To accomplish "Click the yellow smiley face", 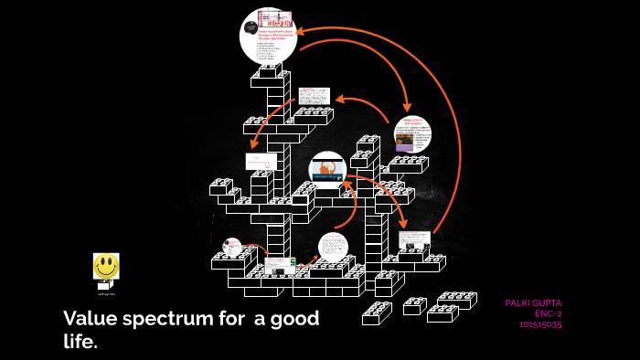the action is (x=106, y=266).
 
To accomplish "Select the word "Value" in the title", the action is (x=88, y=319).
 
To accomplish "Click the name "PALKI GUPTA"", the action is (x=533, y=302).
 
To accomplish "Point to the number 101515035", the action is (x=539, y=323).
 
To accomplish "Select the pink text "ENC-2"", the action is (x=548, y=313).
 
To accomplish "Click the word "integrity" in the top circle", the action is (x=280, y=19).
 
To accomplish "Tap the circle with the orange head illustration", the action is (x=326, y=169).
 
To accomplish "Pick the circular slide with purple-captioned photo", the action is (x=412, y=134).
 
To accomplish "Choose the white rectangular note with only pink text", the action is (x=261, y=162).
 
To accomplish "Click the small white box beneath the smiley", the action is (x=106, y=286).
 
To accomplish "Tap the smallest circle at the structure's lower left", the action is (x=231, y=246).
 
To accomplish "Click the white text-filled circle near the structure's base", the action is (x=333, y=247).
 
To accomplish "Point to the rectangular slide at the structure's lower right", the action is (x=413, y=240).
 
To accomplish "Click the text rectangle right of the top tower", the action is (x=314, y=97).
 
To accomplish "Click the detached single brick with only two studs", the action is (x=414, y=305).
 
